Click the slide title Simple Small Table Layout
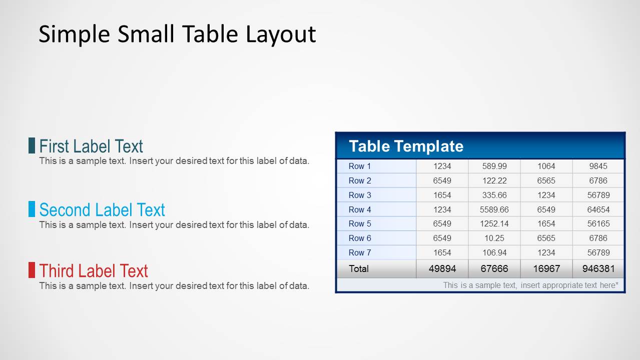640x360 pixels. click(x=177, y=34)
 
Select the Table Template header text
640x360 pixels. click(x=406, y=146)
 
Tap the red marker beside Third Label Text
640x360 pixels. click(x=32, y=270)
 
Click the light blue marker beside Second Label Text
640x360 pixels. click(x=32, y=209)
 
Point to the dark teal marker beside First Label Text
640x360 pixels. click(x=32, y=145)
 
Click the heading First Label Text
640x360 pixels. click(x=91, y=146)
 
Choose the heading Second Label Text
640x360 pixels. click(x=102, y=209)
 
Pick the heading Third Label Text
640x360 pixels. click(x=94, y=270)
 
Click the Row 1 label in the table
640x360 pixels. click(x=360, y=166)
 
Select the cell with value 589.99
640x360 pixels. click(x=494, y=166)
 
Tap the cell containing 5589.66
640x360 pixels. click(x=494, y=209)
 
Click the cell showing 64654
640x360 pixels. click(x=598, y=209)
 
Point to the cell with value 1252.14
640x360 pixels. click(x=494, y=223)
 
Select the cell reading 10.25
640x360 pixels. click(x=494, y=238)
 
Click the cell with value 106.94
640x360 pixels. click(x=494, y=252)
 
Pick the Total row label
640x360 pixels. click(x=359, y=268)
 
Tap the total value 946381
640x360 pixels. click(x=598, y=268)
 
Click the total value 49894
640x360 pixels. click(x=442, y=268)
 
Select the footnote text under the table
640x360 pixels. click(x=530, y=285)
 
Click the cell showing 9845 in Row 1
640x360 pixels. click(x=598, y=166)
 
